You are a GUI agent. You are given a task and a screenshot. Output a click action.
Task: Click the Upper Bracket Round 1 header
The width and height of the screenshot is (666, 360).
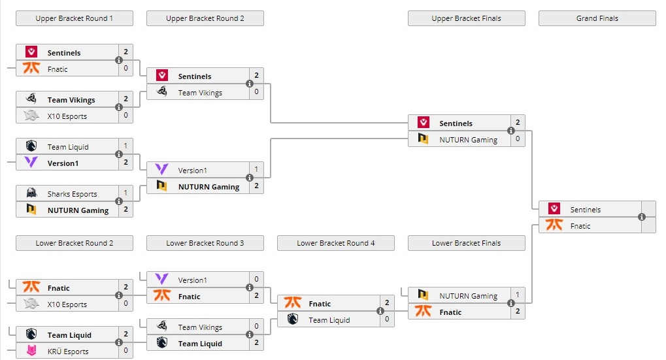click(74, 18)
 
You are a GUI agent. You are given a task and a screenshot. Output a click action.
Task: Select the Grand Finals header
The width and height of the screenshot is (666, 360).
click(597, 18)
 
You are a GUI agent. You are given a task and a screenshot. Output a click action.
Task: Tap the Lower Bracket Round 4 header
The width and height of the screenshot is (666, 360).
click(335, 243)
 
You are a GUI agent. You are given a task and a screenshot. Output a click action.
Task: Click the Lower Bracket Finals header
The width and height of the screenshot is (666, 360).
click(466, 243)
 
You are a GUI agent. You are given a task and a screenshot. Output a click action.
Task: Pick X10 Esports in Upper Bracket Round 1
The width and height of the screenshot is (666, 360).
click(67, 116)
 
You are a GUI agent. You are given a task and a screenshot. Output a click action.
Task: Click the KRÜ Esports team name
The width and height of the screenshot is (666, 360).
click(67, 352)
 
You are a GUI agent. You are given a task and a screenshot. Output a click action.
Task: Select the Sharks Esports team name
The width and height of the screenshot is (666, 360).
click(72, 194)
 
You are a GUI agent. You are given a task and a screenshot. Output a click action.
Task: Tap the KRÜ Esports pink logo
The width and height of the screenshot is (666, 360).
click(31, 352)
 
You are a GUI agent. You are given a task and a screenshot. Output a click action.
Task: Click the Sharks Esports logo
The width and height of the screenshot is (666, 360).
click(31, 194)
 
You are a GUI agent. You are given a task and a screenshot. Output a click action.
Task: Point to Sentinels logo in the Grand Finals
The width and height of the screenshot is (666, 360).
click(554, 210)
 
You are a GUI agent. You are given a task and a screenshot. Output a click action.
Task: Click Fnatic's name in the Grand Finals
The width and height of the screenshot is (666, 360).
click(580, 226)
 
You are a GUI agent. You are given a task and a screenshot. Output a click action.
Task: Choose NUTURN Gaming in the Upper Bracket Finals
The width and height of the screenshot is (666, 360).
click(468, 140)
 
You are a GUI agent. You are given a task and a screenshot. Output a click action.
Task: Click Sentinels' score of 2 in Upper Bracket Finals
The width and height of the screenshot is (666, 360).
click(518, 122)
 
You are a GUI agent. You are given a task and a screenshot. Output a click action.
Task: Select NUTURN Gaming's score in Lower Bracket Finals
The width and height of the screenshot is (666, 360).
click(518, 295)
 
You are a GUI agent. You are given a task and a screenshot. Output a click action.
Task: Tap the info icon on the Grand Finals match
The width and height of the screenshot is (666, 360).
click(642, 217)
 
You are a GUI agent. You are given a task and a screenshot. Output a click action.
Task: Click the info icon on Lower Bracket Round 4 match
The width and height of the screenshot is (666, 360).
click(380, 311)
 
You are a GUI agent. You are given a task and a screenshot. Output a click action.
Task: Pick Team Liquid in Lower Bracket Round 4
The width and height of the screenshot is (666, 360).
click(329, 320)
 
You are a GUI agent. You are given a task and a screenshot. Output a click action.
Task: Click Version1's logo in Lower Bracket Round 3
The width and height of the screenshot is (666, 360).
click(162, 280)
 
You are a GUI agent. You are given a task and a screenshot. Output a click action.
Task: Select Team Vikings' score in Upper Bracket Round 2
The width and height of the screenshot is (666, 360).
click(256, 92)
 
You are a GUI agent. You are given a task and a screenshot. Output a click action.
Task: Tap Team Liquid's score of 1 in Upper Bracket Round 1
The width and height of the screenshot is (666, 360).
click(125, 146)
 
